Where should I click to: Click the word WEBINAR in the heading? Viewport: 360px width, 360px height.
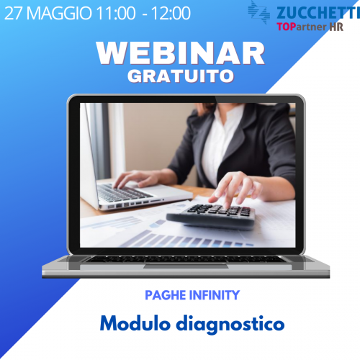[x=181, y=53]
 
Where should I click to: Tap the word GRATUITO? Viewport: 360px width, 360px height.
[x=181, y=76]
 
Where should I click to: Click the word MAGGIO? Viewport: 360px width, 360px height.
[x=59, y=13]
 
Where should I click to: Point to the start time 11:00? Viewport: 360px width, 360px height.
[x=116, y=13]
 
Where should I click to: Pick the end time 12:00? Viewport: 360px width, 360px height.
[x=171, y=13]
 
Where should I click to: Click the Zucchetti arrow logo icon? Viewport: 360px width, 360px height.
[x=258, y=12]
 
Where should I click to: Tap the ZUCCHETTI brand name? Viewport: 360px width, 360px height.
[x=318, y=13]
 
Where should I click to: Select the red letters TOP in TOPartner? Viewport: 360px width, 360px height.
[x=286, y=27]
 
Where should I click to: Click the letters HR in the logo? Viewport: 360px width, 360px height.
[x=336, y=27]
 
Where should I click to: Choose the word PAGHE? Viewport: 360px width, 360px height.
[x=166, y=295]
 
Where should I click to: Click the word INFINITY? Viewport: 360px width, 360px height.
[x=215, y=295]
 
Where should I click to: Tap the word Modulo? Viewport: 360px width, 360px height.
[x=135, y=323]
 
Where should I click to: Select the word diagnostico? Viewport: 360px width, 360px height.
[x=230, y=325]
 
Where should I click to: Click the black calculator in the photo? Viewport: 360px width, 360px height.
[x=211, y=216]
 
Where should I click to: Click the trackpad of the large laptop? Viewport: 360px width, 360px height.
[x=186, y=266]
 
